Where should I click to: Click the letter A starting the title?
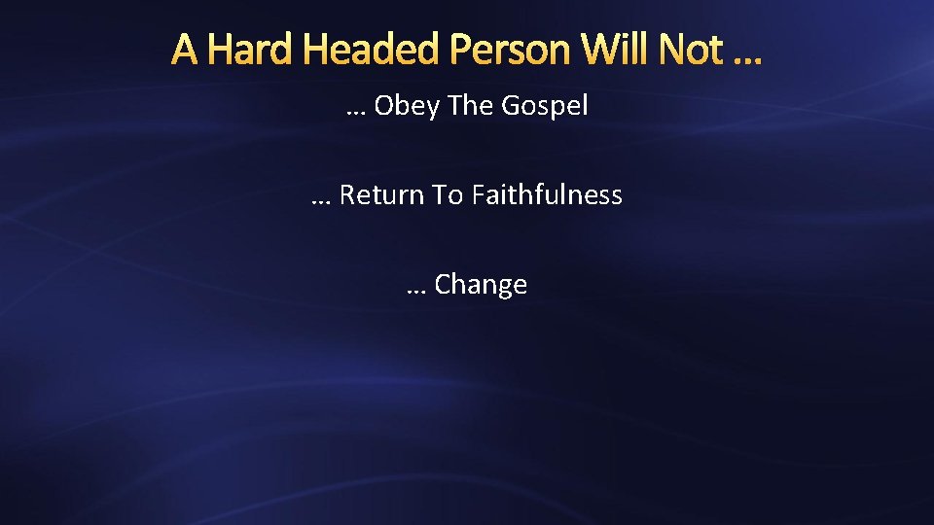[186, 49]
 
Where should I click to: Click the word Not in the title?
[695, 49]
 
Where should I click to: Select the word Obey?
[407, 106]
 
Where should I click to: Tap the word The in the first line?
[471, 105]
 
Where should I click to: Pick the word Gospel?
[545, 106]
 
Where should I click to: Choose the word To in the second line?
[448, 195]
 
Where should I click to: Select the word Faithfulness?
[547, 195]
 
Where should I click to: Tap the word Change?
[481, 285]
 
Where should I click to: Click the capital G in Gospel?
[511, 105]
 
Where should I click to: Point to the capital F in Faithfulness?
[478, 195]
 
